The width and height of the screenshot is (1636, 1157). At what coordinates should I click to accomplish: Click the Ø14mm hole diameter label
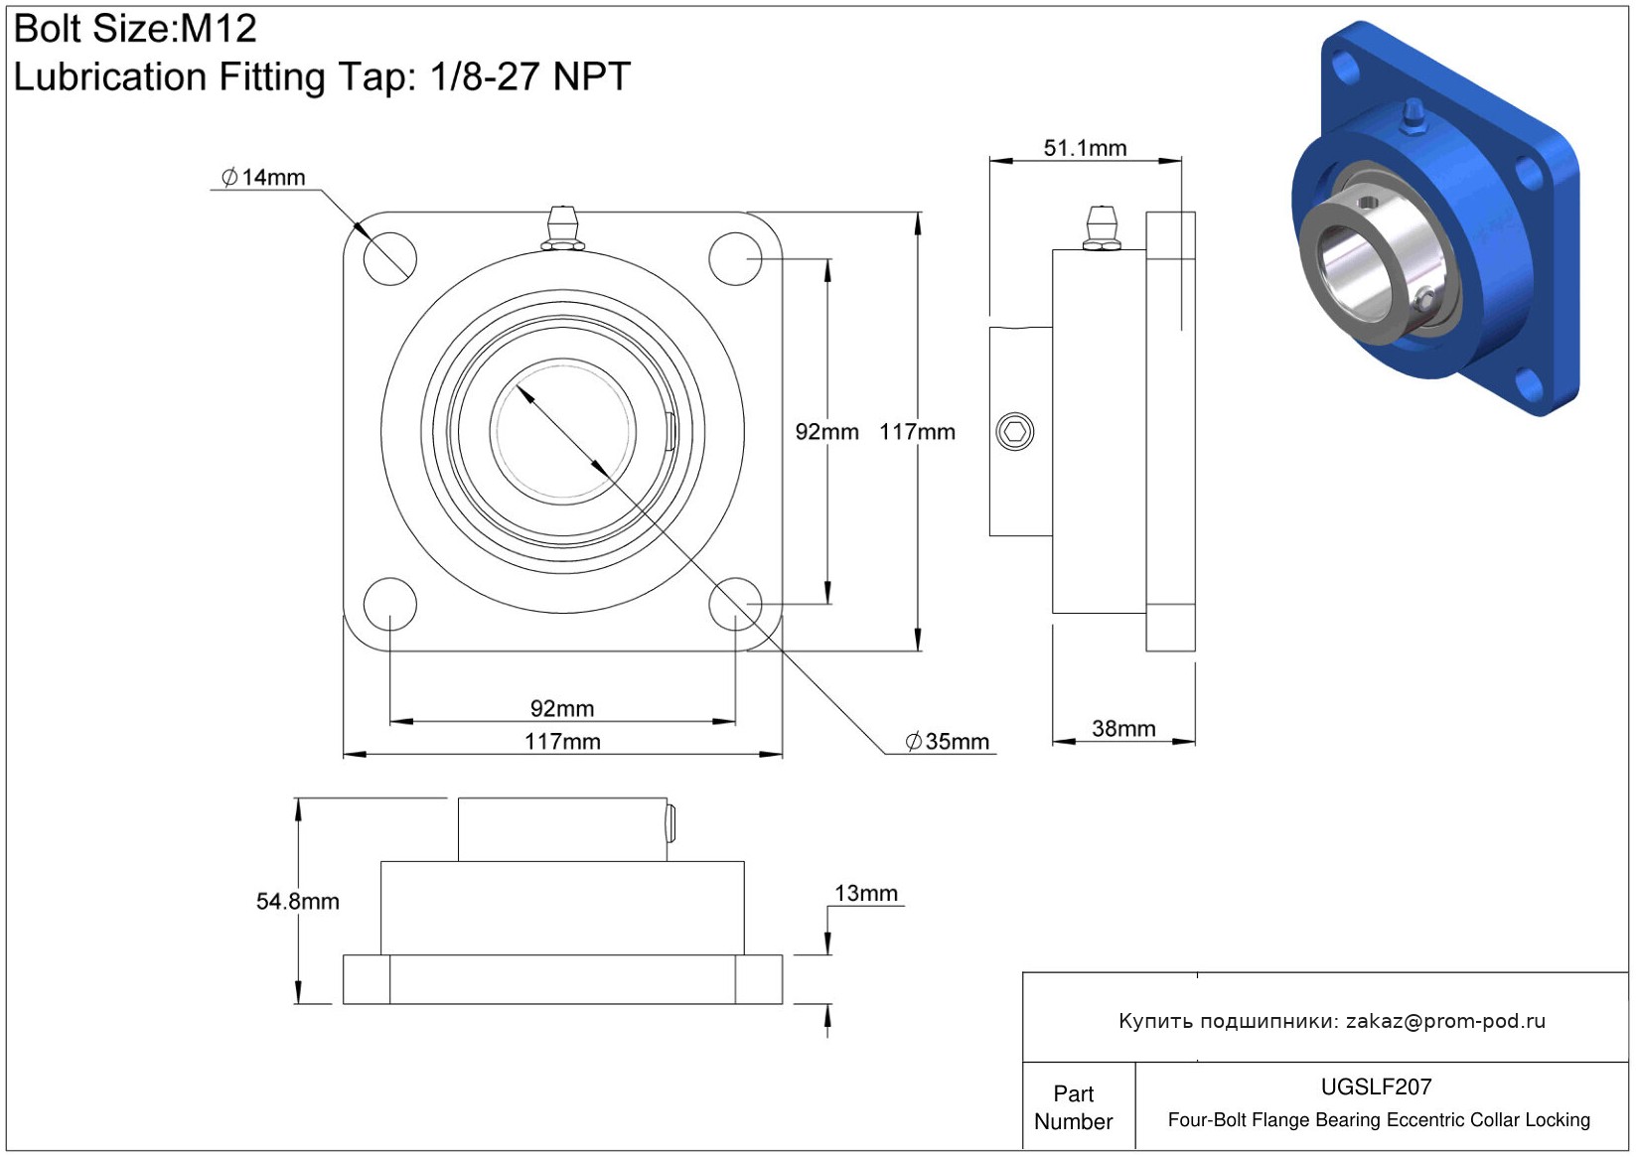[263, 178]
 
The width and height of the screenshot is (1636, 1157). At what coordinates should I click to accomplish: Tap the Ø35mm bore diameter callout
[948, 742]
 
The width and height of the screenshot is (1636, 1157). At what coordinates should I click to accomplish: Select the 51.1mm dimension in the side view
[1086, 148]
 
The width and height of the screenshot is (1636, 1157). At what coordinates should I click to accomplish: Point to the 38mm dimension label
[1123, 728]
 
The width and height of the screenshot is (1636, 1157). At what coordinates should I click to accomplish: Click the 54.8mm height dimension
[297, 902]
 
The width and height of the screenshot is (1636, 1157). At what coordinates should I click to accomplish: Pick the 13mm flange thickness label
[866, 893]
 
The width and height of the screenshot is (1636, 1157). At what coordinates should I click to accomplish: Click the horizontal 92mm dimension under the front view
[562, 708]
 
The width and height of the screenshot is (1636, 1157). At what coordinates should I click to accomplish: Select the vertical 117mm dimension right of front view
[917, 432]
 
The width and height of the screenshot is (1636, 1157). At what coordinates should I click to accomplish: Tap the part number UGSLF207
[1376, 1086]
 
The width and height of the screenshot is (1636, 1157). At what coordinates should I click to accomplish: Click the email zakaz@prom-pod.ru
[1445, 1020]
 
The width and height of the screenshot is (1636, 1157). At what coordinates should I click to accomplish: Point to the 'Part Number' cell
[1074, 1107]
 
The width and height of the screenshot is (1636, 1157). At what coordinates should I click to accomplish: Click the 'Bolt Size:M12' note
[135, 29]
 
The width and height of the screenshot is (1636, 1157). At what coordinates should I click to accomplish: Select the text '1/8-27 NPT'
[530, 76]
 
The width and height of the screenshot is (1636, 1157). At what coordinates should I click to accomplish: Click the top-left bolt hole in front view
[390, 258]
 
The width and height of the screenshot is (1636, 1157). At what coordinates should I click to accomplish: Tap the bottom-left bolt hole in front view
[390, 604]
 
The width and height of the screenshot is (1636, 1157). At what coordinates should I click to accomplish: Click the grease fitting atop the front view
[562, 228]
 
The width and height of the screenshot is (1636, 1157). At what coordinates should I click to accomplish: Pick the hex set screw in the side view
[1014, 432]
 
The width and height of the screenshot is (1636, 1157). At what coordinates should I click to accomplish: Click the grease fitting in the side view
[1101, 228]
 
